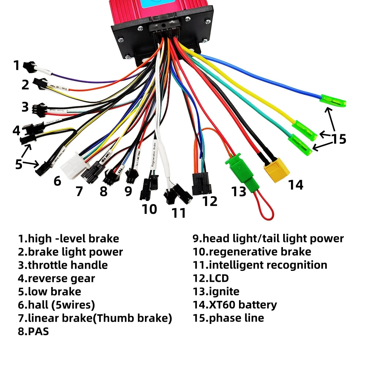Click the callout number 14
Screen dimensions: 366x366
click(x=295, y=185)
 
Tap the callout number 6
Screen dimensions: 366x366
click(x=57, y=181)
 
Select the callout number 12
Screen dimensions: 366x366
click(x=210, y=201)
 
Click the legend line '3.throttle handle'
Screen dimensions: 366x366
click(x=63, y=265)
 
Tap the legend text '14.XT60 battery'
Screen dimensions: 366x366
click(x=235, y=305)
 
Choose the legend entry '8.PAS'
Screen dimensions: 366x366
click(x=33, y=332)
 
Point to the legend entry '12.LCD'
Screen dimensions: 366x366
click(x=211, y=278)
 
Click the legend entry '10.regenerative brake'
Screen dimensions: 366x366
click(x=252, y=252)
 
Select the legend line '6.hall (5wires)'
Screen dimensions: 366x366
click(x=57, y=305)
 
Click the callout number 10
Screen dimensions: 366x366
click(x=149, y=209)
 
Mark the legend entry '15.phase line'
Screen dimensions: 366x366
click(x=228, y=318)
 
